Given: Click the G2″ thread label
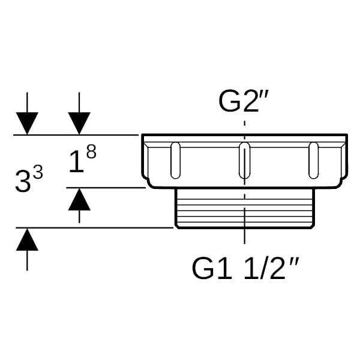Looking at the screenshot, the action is pos(244,101).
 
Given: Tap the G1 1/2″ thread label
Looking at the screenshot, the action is pos(245,268).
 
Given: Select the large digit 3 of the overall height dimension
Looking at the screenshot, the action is pos(23,181).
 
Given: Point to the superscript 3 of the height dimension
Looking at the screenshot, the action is pos(38,173).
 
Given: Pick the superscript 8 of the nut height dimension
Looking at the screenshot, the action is pos(91,152).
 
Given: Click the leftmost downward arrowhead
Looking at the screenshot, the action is pos(27,123).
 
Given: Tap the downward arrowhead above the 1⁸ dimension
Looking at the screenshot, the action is pos(79,123).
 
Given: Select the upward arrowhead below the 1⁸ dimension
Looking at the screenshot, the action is pos(79,199).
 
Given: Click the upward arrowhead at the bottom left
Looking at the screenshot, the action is pos(27,239).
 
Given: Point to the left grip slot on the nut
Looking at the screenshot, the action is pos(175,160).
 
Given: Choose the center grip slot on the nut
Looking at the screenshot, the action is pos(244,160).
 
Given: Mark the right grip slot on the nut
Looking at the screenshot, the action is pos(313,160).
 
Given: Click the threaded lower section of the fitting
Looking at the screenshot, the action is pos(245,208).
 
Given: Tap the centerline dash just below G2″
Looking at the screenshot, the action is pos(245,124).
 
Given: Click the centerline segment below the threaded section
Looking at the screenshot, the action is pos(245,236).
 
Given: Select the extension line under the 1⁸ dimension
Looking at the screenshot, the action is pos(106,188).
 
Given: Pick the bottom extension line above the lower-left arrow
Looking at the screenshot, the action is pos(94,228).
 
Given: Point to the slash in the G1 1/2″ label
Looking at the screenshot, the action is pos(263,268).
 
